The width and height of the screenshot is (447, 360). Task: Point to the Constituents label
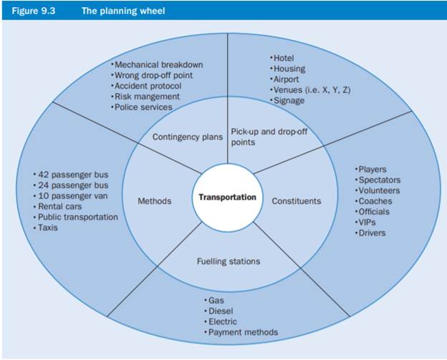(x=296, y=201)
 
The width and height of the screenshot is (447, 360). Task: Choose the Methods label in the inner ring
(x=154, y=201)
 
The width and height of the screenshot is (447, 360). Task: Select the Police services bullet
(x=143, y=107)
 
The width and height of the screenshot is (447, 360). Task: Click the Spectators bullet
(x=379, y=180)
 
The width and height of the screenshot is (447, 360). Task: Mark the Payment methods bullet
(x=242, y=332)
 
